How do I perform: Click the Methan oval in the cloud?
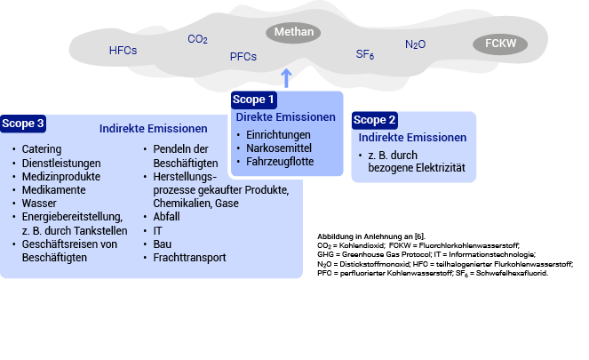[293, 33]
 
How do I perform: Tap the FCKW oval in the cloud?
[500, 44]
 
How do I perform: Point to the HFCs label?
[123, 51]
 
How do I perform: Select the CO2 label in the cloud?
[197, 39]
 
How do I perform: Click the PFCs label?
[243, 57]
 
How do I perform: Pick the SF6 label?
[364, 55]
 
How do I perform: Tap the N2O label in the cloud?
[415, 44]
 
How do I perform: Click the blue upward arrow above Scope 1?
[285, 77]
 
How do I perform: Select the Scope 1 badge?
[254, 100]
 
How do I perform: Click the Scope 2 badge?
[375, 120]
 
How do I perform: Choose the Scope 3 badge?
[23, 124]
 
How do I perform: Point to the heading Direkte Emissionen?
[285, 117]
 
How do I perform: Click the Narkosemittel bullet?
[278, 148]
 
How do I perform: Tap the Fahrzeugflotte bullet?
[280, 162]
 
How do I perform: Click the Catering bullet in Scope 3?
[42, 149]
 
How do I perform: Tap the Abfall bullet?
[166, 216]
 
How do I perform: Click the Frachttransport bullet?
[189, 258]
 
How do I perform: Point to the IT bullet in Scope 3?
[158, 230]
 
